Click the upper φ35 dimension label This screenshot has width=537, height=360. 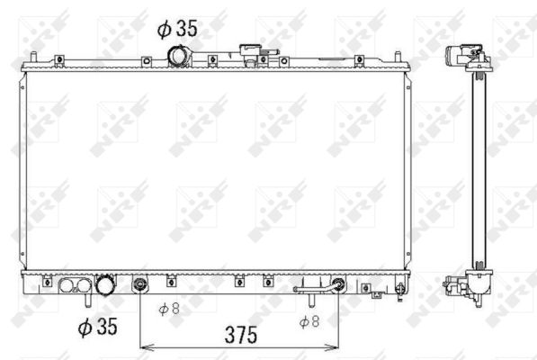176,29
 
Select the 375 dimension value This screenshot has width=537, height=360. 239,334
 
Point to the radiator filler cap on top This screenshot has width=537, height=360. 248,53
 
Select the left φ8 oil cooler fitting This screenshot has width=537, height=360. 139,287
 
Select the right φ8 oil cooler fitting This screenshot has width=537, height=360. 338,287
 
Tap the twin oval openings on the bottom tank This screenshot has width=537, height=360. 73,287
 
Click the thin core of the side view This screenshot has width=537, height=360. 469,171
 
